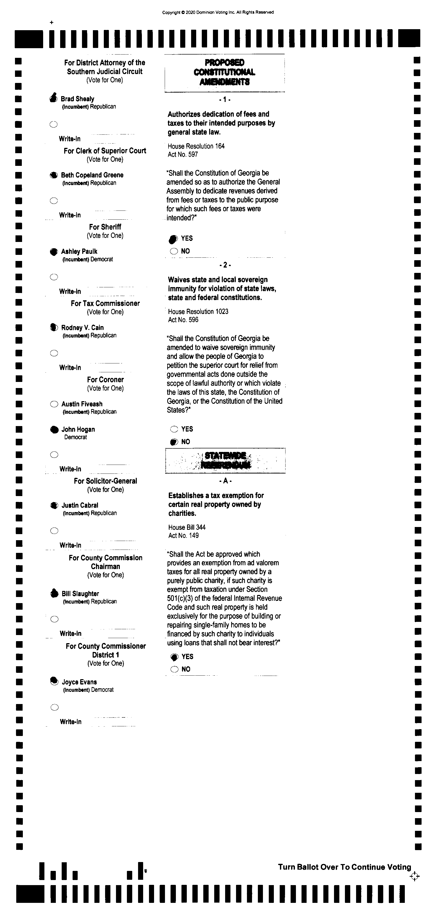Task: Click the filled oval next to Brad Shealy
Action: point(54,98)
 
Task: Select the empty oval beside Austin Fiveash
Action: point(54,404)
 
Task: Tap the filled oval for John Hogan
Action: point(54,430)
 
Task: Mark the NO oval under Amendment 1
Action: point(174,251)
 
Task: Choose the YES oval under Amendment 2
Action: point(174,429)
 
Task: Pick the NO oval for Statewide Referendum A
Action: point(174,669)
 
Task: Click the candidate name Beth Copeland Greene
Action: point(92,175)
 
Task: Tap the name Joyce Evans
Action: point(79,682)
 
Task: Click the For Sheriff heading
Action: point(105,227)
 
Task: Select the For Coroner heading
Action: point(105,380)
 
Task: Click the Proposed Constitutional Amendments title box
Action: point(224,72)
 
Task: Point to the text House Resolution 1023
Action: point(198,311)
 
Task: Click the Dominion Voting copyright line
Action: point(218,12)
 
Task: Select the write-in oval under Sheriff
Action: point(54,277)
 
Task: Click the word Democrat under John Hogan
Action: point(76,437)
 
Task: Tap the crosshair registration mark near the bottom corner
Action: point(414,876)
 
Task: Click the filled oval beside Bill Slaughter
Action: point(54,593)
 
